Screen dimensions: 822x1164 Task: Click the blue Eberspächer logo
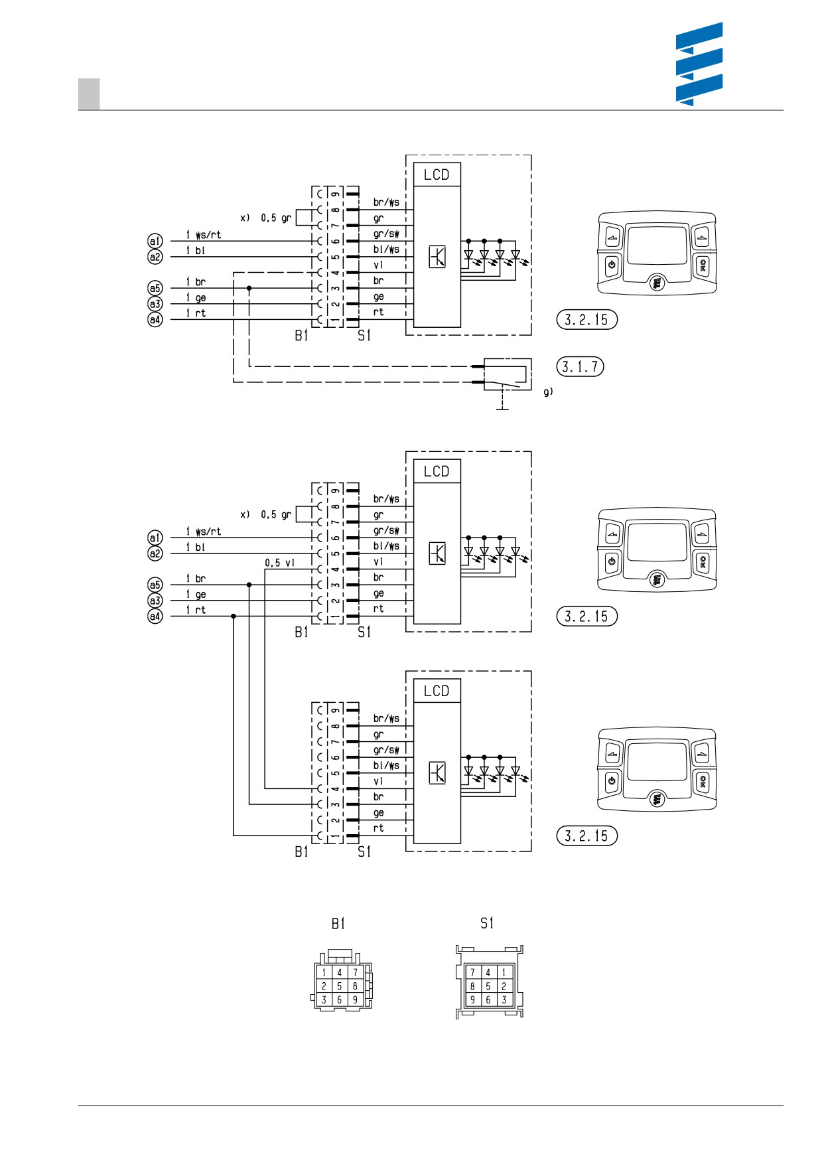coord(699,64)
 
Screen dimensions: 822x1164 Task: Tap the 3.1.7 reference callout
coord(580,366)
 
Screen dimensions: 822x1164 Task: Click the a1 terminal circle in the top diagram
coord(155,240)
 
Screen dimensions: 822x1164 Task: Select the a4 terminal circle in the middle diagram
coord(155,617)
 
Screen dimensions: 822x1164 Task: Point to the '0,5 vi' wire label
coord(279,563)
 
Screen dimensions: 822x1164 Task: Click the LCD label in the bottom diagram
coord(437,691)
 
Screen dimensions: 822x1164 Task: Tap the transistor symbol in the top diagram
coord(437,256)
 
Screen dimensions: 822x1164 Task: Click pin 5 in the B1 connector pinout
coord(339,986)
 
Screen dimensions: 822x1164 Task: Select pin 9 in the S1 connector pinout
coord(472,999)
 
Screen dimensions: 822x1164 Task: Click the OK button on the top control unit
coord(703,265)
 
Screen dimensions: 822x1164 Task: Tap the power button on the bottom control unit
coord(612,781)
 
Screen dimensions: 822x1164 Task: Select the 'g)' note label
coord(548,392)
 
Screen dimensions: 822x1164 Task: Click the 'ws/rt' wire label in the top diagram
coord(208,235)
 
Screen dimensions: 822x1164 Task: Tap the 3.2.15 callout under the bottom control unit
coord(586,836)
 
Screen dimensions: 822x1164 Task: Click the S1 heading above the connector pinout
coord(487,923)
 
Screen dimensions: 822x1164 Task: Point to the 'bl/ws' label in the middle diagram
coord(386,546)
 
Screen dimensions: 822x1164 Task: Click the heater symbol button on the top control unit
coord(657,283)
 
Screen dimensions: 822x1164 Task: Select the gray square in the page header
coord(89,94)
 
